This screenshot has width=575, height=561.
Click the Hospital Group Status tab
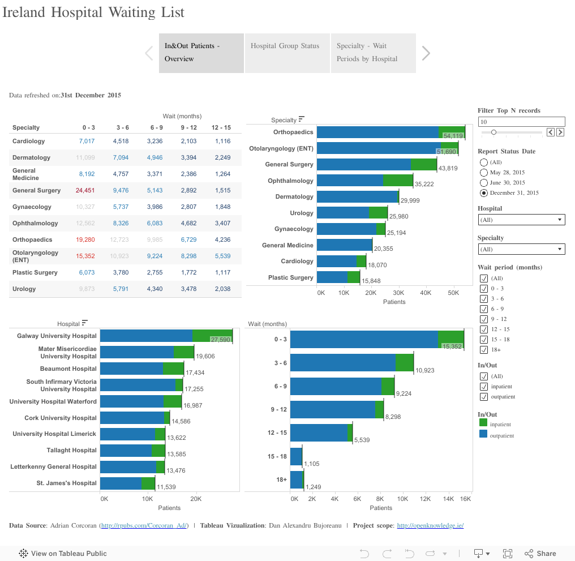286,46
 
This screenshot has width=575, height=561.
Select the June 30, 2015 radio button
484,183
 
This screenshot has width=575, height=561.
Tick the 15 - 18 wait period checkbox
484,340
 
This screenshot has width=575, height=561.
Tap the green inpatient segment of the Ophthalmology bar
398,181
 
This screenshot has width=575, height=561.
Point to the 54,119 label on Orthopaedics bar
453,136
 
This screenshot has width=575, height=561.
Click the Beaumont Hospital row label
68,369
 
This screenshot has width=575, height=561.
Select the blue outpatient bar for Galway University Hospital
146,336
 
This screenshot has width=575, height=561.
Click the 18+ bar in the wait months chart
296,479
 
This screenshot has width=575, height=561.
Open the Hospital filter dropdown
521,220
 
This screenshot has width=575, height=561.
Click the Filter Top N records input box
521,122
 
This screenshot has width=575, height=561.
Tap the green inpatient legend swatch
483,423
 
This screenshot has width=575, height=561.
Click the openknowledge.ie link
430,526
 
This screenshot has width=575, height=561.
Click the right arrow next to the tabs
426,53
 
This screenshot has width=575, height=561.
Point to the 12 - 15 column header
221,127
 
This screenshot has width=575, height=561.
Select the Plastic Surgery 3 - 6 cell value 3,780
121,272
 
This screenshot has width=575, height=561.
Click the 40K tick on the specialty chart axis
426,293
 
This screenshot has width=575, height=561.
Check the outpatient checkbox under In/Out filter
484,397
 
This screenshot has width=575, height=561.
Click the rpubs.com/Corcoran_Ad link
144,526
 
